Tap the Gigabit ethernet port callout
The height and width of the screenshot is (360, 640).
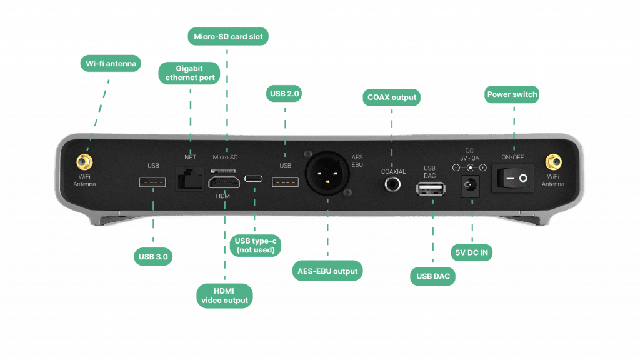(x=189, y=73)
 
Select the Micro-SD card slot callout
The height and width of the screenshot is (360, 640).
(x=227, y=36)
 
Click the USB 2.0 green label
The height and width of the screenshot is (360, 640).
(x=285, y=94)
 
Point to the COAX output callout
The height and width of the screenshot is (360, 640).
(x=391, y=97)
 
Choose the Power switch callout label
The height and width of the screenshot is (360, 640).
(x=512, y=94)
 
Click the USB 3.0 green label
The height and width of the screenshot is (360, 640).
(x=153, y=256)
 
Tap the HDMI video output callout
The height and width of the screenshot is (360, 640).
(x=224, y=295)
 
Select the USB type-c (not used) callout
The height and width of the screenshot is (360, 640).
(x=255, y=245)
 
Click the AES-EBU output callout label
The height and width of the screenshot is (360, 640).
(x=327, y=271)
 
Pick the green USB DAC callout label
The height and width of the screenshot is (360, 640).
(x=431, y=276)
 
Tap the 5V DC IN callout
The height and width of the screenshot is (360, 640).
(x=472, y=252)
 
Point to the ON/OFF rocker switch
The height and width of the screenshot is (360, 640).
(x=516, y=178)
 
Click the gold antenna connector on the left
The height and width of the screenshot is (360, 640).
(x=82, y=163)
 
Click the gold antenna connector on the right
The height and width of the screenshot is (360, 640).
(x=553, y=163)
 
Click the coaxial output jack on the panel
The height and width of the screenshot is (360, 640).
(x=393, y=184)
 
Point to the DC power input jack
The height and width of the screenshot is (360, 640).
(x=472, y=186)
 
